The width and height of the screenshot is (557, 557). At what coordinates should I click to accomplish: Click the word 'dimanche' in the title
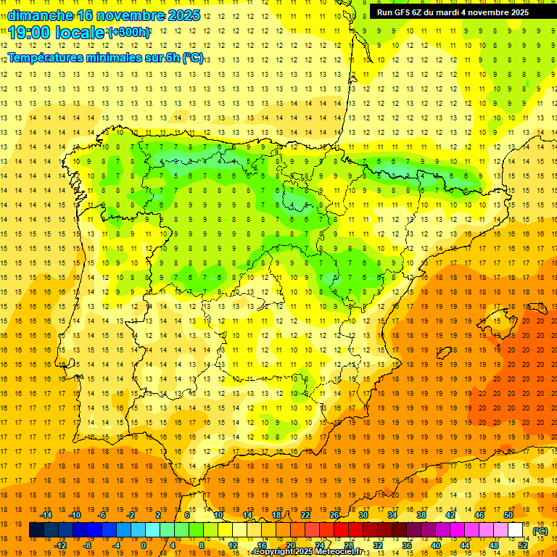pyautogui.click(x=39, y=15)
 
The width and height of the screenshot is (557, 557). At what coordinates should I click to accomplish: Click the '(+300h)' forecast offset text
pyautogui.click(x=129, y=33)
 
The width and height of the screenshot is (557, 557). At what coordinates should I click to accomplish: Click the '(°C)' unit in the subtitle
pyautogui.click(x=193, y=57)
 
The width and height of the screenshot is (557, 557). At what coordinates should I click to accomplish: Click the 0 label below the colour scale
pyautogui.click(x=144, y=545)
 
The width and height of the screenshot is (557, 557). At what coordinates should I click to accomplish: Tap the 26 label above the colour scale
pyautogui.click(x=334, y=515)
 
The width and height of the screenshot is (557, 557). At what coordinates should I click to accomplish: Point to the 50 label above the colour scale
pyautogui.click(x=508, y=515)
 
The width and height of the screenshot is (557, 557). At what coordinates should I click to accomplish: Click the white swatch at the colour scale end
pyautogui.click(x=516, y=530)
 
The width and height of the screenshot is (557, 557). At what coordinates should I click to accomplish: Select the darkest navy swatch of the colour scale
pyautogui.click(x=36, y=530)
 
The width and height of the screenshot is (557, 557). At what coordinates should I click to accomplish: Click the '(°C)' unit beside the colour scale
pyautogui.click(x=540, y=531)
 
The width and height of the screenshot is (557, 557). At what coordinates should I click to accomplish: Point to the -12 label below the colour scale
pyautogui.click(x=60, y=545)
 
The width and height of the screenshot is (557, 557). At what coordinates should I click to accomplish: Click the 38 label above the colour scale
pyautogui.click(x=421, y=515)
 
